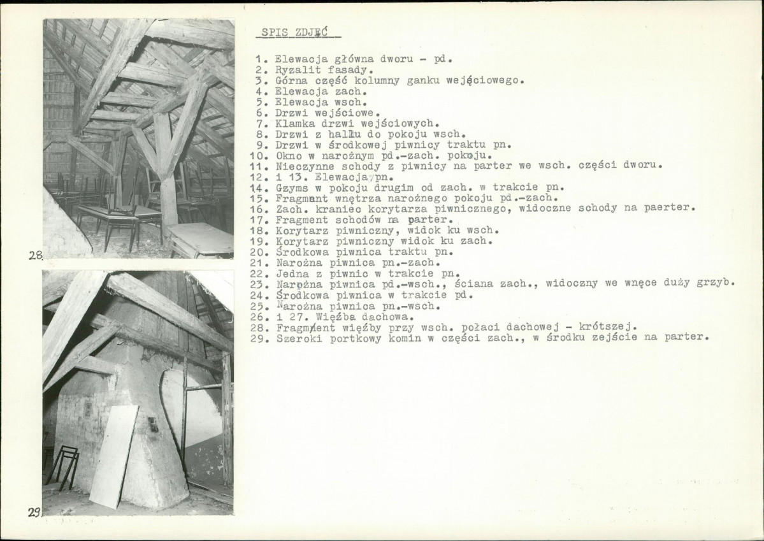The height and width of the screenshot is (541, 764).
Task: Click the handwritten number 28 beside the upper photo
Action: tap(36, 255)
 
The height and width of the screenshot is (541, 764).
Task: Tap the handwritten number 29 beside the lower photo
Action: tap(34, 512)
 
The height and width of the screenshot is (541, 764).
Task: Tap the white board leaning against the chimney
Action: tap(113, 456)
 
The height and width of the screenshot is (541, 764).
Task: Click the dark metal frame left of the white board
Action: tap(62, 467)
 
